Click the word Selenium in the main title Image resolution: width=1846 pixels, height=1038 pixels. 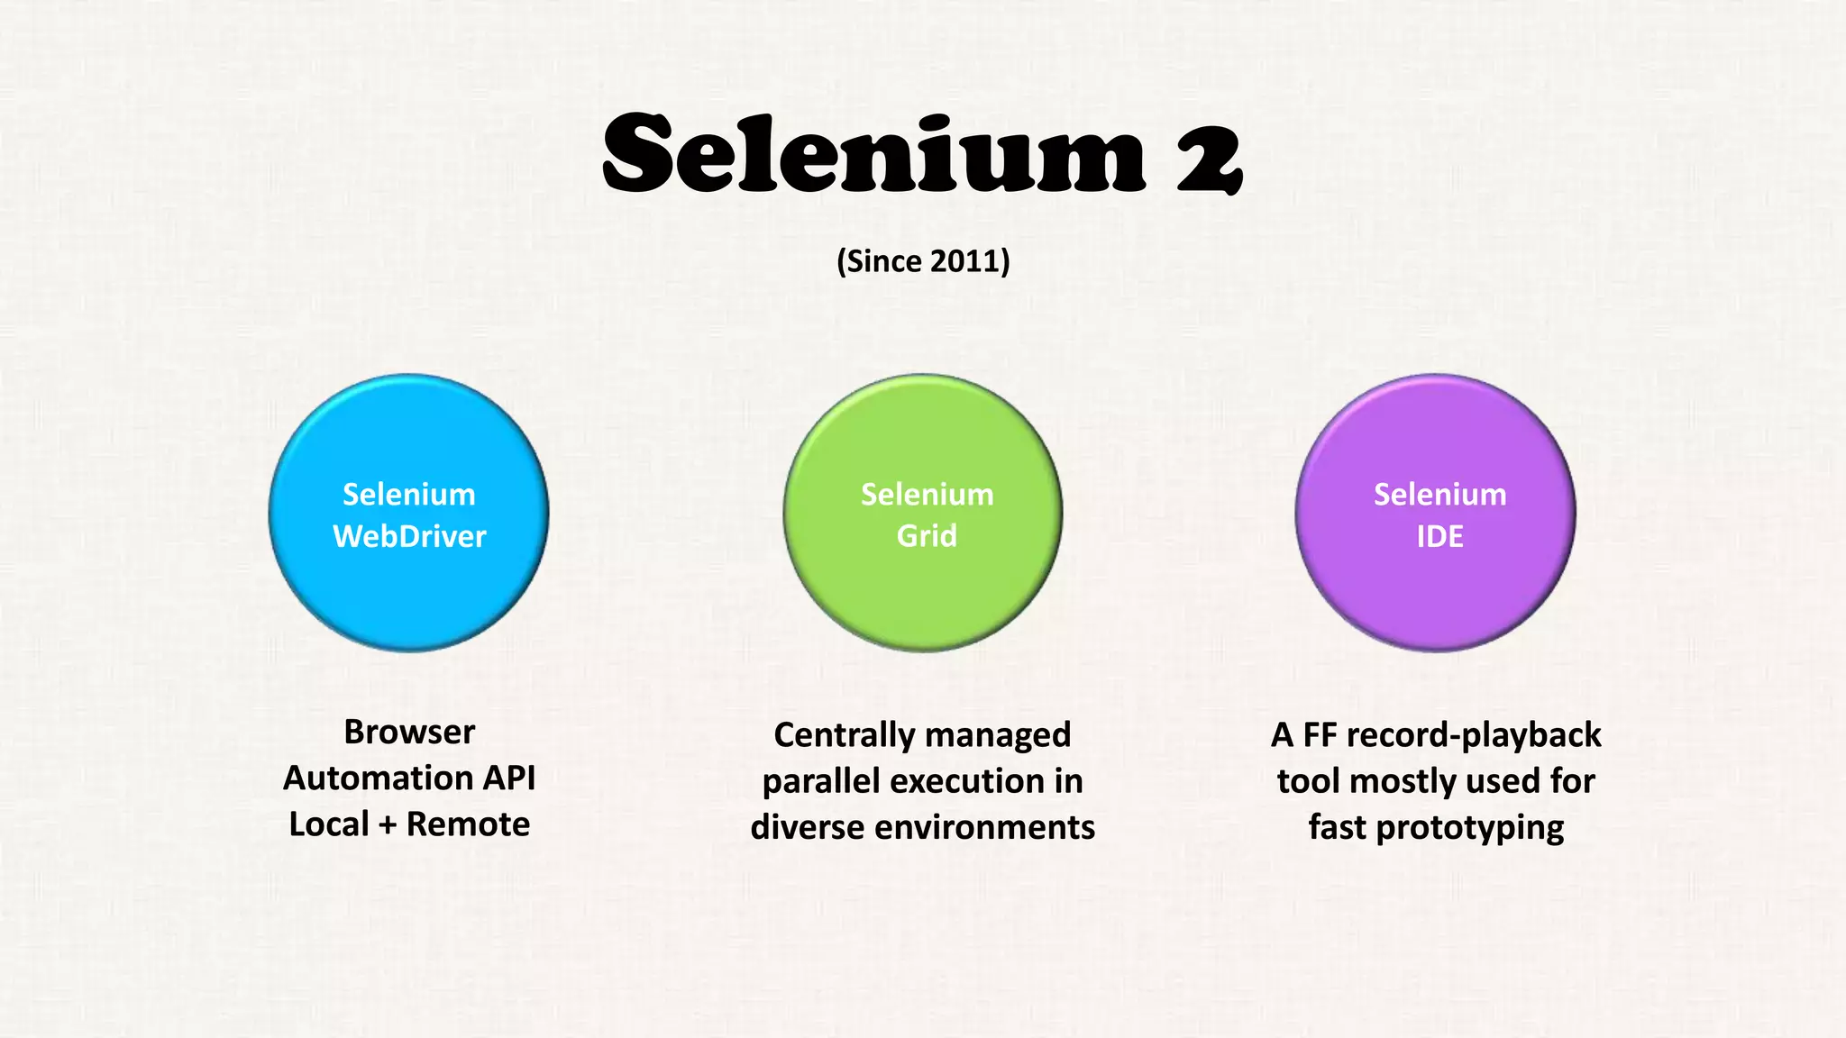(873, 153)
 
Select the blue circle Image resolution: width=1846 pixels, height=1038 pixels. (408, 586)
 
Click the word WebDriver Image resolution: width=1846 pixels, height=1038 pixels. (409, 537)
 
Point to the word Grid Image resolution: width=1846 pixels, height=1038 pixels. (926, 536)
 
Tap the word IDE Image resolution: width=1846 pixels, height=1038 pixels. (1439, 537)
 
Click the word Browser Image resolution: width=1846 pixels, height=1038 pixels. (409, 733)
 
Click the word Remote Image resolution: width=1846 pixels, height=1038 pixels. (468, 824)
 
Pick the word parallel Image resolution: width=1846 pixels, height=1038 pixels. (820, 782)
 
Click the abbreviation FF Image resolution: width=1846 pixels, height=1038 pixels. (1320, 735)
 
